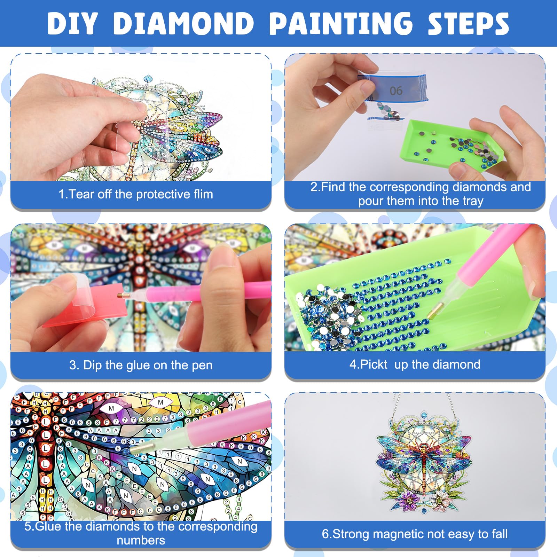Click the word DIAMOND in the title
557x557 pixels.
pos(183,24)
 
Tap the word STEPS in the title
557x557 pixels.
pos(468,24)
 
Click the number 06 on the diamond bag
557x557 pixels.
pos(396,91)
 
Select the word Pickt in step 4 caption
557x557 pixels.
pos(374,364)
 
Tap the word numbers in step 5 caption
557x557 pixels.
pos(141,540)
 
